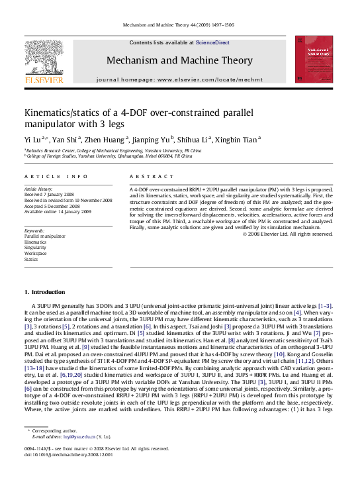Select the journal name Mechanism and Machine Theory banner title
[x=179, y=61]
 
